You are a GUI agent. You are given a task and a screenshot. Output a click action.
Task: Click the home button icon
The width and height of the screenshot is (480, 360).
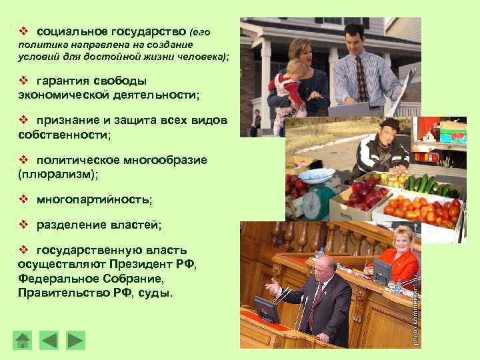[23, 340]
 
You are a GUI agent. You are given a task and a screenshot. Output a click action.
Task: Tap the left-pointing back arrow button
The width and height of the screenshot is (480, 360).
[49, 340]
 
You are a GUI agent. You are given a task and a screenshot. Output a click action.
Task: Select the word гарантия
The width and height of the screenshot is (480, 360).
[64, 81]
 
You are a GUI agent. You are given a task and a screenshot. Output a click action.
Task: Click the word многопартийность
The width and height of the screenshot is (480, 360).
[94, 199]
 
